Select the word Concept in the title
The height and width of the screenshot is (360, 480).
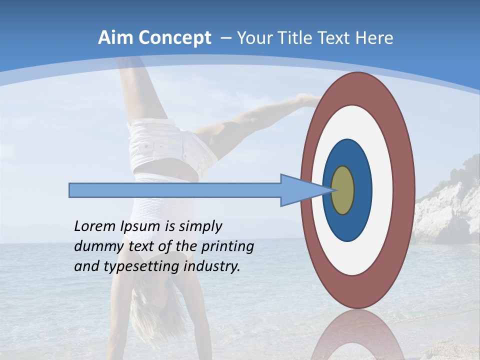[x=174, y=38]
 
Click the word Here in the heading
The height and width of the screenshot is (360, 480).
[x=374, y=38]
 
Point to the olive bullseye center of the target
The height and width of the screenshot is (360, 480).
[x=343, y=190]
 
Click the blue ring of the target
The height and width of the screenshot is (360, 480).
[x=361, y=190]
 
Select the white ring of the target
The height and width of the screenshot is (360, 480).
[x=382, y=190]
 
